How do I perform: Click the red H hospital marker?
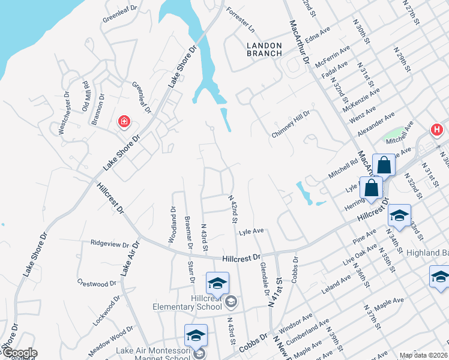tap(436, 129)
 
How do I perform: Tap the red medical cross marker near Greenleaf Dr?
tap(124, 122)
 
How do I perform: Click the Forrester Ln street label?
tap(241, 20)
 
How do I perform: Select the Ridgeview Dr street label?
tap(110, 244)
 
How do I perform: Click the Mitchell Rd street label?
tap(343, 168)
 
